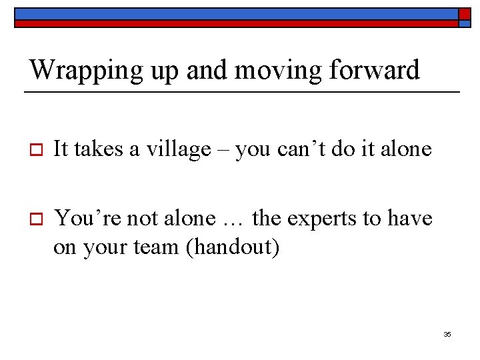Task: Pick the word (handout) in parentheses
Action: click(x=232, y=247)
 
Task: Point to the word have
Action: click(x=408, y=218)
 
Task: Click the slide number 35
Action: click(x=447, y=334)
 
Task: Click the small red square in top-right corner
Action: click(x=464, y=13)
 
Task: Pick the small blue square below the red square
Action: click(x=464, y=23)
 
